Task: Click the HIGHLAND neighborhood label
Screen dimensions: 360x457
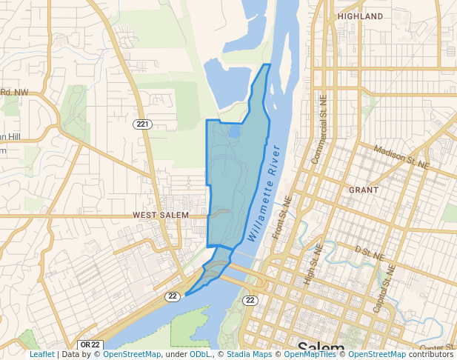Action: (360, 16)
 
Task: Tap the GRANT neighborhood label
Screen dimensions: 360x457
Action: (364, 190)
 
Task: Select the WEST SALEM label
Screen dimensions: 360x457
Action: (161, 215)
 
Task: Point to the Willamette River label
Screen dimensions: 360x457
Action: (264, 194)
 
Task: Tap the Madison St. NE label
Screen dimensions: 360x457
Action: (401, 155)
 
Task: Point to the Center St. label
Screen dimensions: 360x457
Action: (437, 347)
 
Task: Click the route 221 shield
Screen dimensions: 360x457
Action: (143, 124)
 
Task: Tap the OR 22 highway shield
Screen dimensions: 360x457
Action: (90, 345)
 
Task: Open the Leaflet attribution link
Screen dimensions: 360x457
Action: (41, 355)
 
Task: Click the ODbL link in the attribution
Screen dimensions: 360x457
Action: (200, 355)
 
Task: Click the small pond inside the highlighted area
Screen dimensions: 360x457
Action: (234, 133)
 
